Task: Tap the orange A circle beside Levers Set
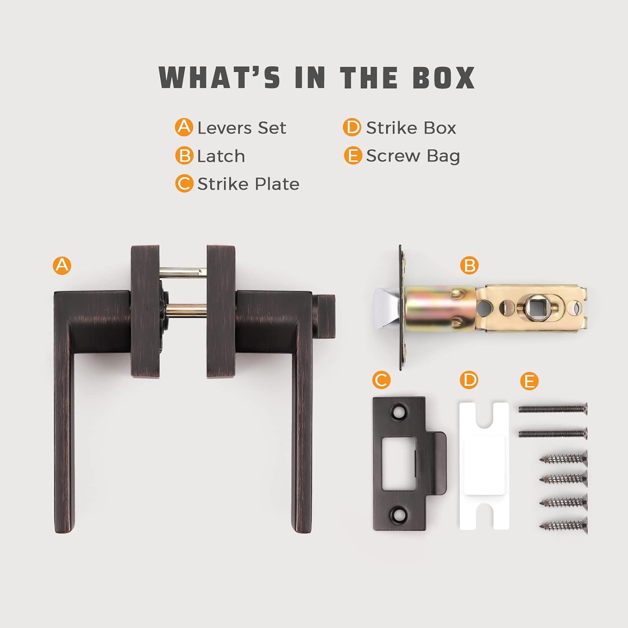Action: click(184, 127)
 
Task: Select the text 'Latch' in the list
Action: click(221, 156)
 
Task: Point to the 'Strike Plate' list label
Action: click(248, 184)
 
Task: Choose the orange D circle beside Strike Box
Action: click(352, 127)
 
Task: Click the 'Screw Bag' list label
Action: click(413, 156)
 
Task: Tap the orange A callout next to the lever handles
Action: click(62, 265)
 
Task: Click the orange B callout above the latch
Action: click(469, 265)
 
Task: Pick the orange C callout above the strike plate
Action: click(381, 380)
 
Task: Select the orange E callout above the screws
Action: click(529, 381)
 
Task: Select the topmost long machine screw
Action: click(553, 409)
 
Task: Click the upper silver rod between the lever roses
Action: click(183, 273)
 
